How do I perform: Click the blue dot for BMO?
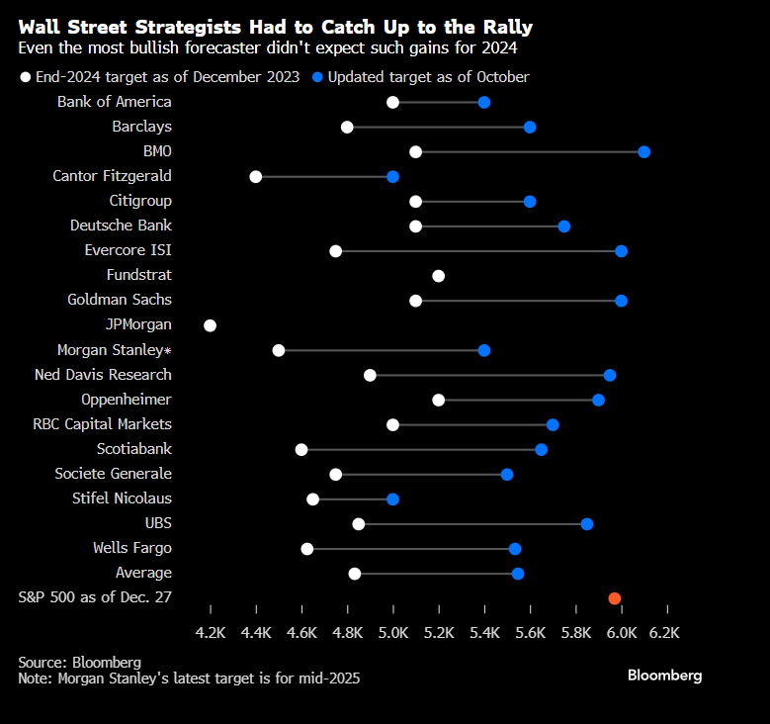click(x=643, y=151)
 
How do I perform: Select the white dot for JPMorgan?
click(x=210, y=324)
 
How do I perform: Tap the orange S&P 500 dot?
click(x=614, y=598)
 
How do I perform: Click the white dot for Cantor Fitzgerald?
click(x=256, y=176)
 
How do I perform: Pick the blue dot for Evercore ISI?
click(x=621, y=250)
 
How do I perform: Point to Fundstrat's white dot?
click(x=438, y=275)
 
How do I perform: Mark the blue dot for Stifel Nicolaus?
click(x=392, y=498)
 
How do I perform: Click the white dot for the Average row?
click(x=354, y=574)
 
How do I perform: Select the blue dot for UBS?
click(x=586, y=523)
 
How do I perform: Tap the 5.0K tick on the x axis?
click(x=393, y=633)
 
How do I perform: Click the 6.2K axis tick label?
click(x=665, y=633)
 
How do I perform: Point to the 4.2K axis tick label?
click(x=211, y=633)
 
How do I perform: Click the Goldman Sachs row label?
click(x=119, y=300)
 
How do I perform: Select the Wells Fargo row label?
click(x=131, y=548)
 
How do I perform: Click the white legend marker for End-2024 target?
click(x=25, y=77)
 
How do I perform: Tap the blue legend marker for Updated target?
click(x=317, y=77)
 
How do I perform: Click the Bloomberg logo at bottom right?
click(x=664, y=676)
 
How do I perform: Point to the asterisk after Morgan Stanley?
click(x=168, y=351)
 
